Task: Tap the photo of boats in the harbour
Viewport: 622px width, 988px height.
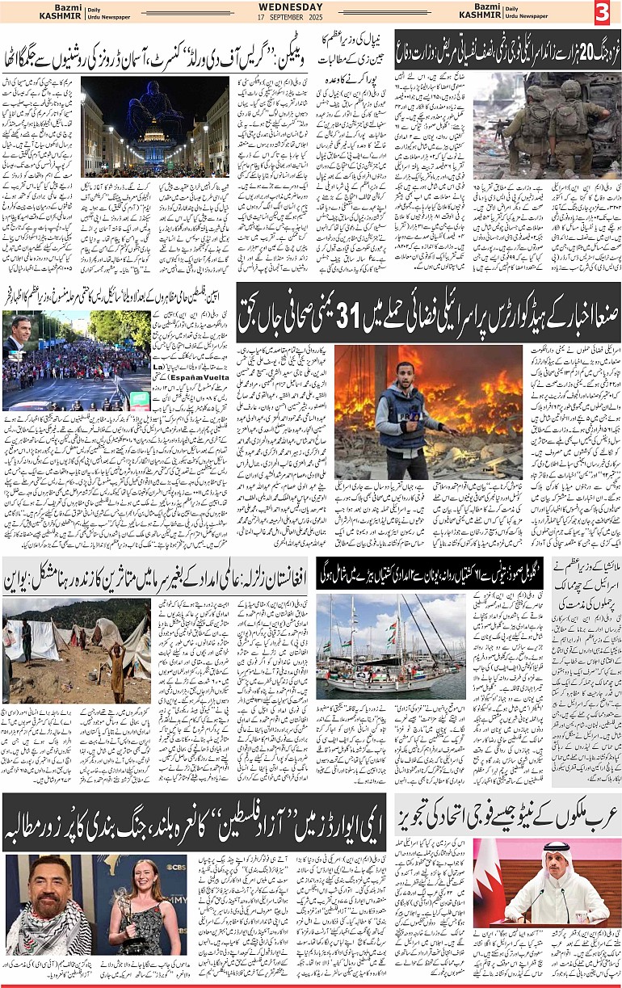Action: point(391,647)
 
